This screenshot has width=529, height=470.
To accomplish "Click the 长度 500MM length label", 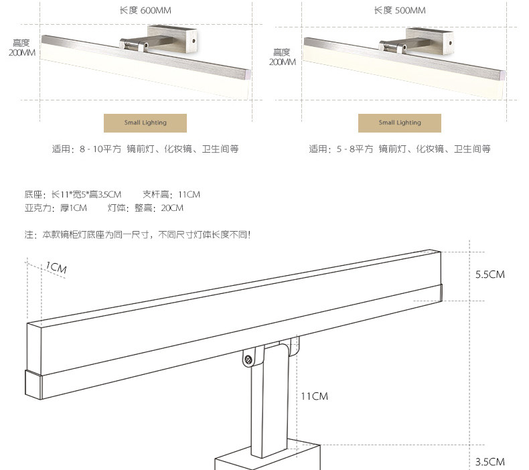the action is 399,10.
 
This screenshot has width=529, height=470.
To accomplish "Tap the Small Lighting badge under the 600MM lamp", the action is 145,123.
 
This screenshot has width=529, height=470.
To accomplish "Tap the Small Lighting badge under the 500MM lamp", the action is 400,123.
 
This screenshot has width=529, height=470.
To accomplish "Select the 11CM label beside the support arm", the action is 314,396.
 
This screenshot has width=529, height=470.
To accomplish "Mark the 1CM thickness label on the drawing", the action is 56,268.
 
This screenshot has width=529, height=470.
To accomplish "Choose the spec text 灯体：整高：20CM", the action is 145,208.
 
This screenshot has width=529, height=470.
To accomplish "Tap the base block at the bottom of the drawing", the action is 268,459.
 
